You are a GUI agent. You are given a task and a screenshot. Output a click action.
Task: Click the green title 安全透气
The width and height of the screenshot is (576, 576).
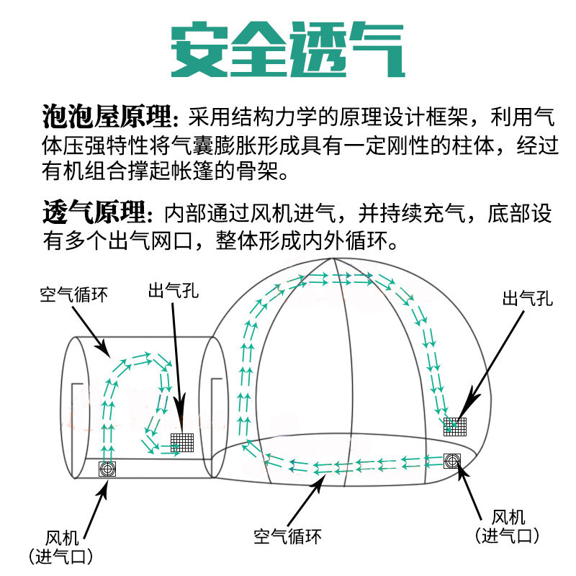[x=287, y=52]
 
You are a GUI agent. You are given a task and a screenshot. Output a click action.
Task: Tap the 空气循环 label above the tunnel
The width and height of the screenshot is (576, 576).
[x=74, y=294]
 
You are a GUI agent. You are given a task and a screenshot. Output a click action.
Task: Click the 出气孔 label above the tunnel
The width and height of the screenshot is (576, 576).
[x=173, y=292]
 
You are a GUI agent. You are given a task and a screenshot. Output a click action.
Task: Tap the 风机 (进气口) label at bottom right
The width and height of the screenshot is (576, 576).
[x=508, y=526]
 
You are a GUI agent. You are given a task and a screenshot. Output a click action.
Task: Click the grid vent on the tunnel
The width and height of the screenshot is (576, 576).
[x=182, y=441]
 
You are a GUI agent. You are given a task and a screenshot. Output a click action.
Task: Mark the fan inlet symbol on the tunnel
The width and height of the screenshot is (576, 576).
[x=107, y=469]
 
